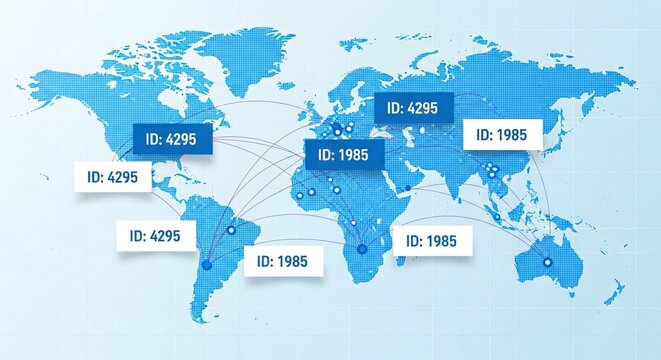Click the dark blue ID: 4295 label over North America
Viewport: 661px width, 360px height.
[173, 140]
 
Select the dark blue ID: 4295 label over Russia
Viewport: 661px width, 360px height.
[413, 109]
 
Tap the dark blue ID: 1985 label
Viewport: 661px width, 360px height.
[343, 155]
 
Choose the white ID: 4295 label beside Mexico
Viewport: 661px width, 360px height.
[113, 177]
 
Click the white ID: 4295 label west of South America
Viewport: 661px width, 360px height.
[155, 237]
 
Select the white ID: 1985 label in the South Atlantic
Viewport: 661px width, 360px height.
[283, 261]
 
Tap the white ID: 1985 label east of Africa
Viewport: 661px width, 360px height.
[432, 241]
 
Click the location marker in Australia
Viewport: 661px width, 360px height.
[547, 262]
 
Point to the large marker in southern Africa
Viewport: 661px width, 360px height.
[362, 248]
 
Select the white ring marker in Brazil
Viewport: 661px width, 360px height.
[231, 230]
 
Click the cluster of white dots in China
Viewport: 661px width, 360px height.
[490, 169]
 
